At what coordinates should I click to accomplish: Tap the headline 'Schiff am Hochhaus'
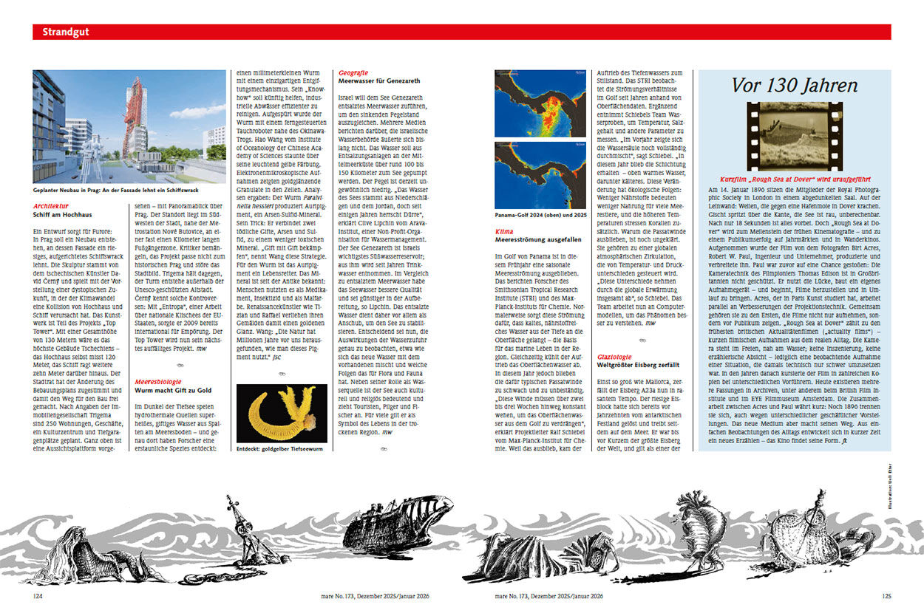click(x=62, y=215)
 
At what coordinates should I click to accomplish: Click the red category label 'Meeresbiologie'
click(x=159, y=382)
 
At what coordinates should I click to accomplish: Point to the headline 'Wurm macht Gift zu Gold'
click(x=172, y=390)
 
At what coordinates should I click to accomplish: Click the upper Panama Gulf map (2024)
click(x=540, y=103)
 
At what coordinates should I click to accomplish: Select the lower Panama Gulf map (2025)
click(x=540, y=175)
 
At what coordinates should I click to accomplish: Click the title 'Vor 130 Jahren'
click(x=795, y=85)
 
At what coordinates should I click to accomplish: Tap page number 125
click(x=886, y=595)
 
